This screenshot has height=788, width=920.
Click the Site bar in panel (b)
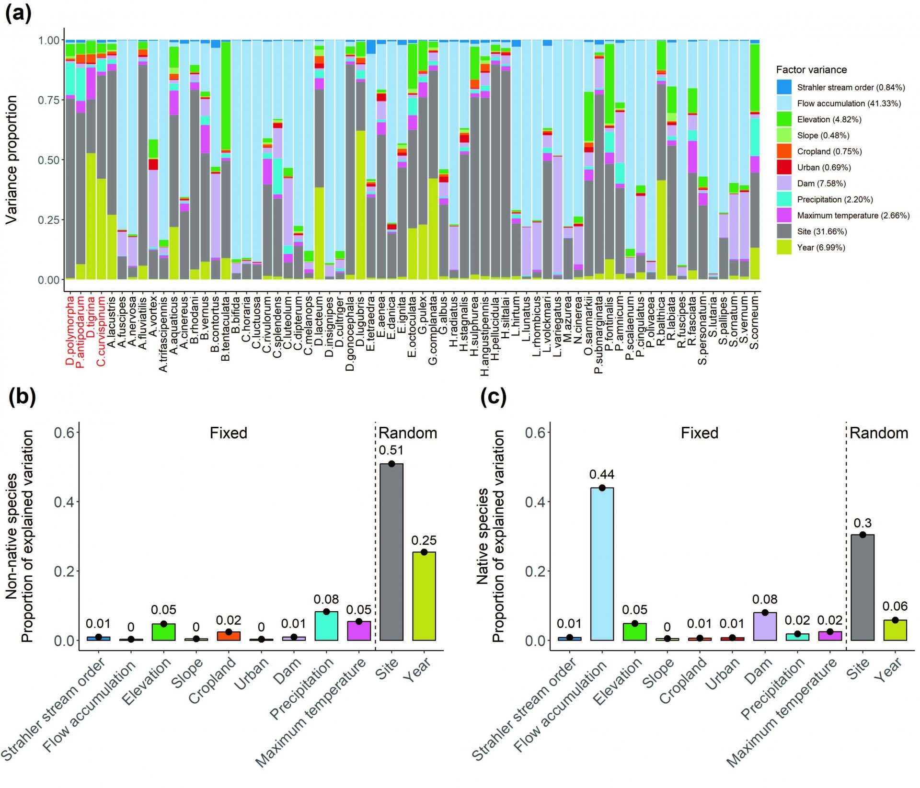[391, 552]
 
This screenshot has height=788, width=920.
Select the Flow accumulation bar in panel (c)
[602, 564]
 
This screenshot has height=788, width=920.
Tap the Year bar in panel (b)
[424, 596]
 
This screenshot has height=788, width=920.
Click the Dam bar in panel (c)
[765, 627]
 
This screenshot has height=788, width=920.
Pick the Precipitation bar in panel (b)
[326, 626]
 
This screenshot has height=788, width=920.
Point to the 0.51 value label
[391, 450]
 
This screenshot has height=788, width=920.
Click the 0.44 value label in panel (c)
[602, 474]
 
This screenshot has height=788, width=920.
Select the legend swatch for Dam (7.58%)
[784, 183]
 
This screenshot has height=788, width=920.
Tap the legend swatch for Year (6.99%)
[784, 247]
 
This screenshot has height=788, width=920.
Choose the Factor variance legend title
[811, 70]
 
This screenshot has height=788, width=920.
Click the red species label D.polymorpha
[70, 331]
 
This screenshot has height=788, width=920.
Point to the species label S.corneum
[754, 322]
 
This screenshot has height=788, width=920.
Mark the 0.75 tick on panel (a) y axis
[49, 100]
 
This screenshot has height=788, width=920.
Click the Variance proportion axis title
[11, 160]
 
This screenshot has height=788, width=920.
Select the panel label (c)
[493, 397]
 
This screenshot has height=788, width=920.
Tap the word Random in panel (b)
[408, 433]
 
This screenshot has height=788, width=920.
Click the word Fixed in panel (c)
[700, 433]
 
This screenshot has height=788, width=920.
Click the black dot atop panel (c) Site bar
[862, 535]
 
